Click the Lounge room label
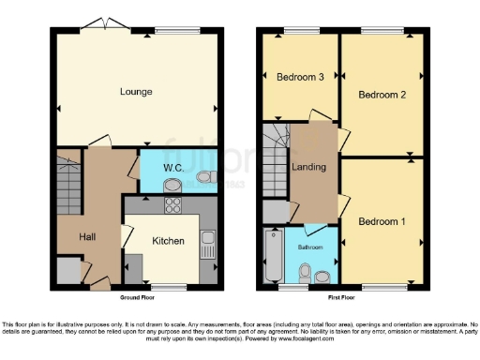[136, 91]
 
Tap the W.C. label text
[172, 169]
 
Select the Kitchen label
[169, 241]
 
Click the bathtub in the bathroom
[273, 256]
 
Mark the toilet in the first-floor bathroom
[302, 272]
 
